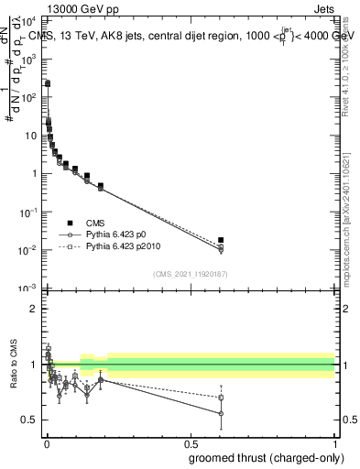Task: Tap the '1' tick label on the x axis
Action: [x=334, y=442]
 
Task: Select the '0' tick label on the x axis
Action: [x=46, y=442]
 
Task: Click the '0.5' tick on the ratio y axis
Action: [x=28, y=420]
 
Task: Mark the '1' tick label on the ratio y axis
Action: [x=33, y=365]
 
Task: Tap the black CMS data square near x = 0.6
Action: [x=220, y=240]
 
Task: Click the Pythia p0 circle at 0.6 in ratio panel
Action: [x=220, y=413]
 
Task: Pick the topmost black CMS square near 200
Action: [x=48, y=83]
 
